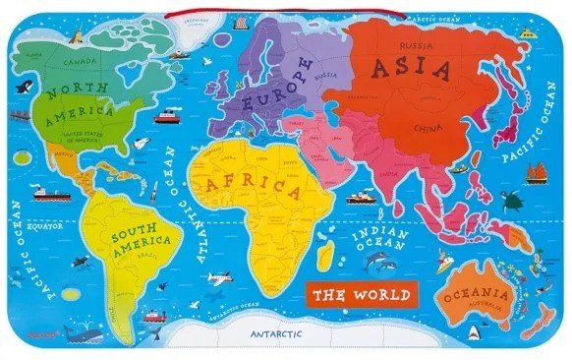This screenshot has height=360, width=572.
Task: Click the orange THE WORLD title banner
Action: pos(358,293)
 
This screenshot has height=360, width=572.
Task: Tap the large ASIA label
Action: pos(413,70)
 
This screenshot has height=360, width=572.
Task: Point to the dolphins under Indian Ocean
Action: pos(378,264)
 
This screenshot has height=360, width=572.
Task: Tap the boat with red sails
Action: pos(537,171)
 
